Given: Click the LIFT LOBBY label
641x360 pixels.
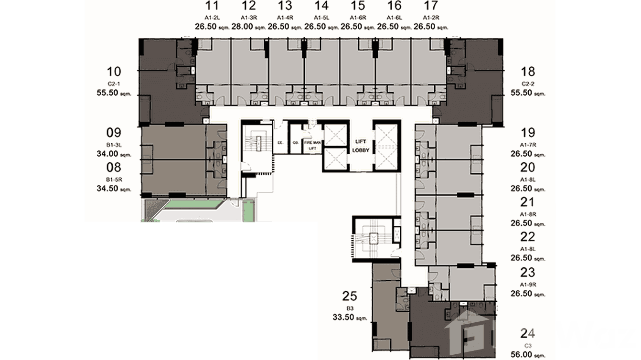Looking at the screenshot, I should (360, 146).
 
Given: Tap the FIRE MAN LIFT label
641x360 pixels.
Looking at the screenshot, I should (311, 145).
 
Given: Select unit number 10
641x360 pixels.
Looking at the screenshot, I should (114, 72).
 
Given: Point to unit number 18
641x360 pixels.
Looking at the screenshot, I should (528, 72).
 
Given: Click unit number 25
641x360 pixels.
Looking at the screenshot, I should (350, 296).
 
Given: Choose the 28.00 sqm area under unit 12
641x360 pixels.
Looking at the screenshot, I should (248, 27).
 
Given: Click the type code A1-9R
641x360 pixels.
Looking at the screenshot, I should (528, 285).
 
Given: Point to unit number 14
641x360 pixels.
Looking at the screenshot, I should (321, 6).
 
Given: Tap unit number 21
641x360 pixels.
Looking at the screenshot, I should (528, 202).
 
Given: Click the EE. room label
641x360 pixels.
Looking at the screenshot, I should (281, 142).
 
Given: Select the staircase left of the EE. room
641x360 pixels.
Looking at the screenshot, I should (257, 142).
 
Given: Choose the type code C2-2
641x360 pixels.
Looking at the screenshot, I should (528, 84).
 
